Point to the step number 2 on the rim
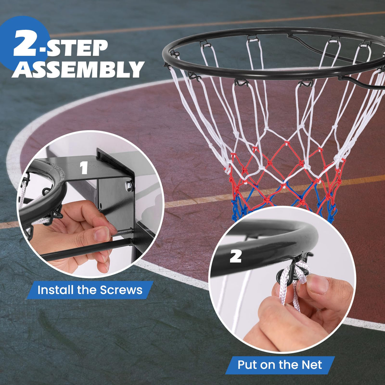235,256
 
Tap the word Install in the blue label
56,290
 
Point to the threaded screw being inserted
122,233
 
